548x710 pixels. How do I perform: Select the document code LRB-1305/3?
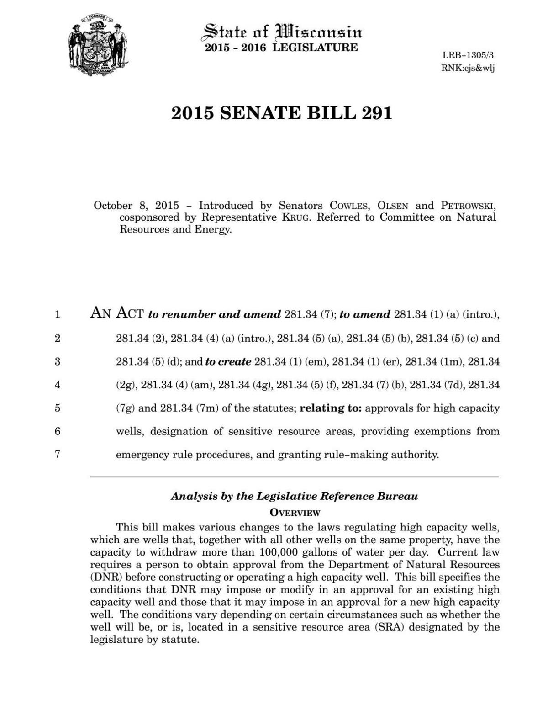tap(468, 56)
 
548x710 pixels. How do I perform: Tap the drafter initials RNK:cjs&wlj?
tap(468, 68)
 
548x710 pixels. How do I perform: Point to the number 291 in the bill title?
tap(376, 113)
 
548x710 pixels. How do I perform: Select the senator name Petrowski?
tap(468, 206)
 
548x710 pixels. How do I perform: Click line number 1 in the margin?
tap(58, 315)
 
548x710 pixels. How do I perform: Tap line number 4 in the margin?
tap(58, 385)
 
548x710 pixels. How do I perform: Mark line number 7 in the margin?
tap(58, 455)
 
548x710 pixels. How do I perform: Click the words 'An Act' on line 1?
tap(117, 313)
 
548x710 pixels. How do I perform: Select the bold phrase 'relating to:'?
tap(331, 408)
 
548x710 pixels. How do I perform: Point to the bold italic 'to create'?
tap(228, 362)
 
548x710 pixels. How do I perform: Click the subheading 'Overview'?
tap(295, 513)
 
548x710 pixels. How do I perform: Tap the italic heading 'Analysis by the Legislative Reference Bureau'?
tap(295, 497)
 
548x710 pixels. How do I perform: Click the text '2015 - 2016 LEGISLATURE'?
tap(281, 48)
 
